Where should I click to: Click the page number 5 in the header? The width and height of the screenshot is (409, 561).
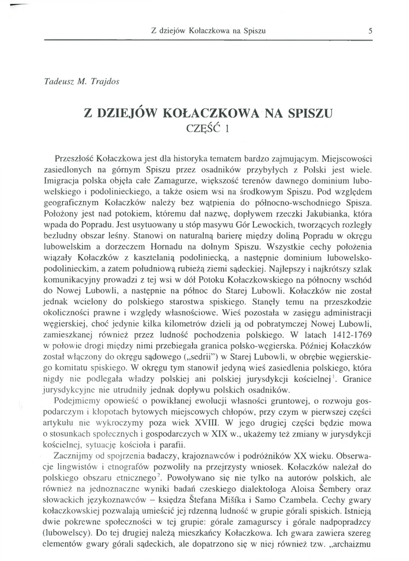(x=371, y=31)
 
